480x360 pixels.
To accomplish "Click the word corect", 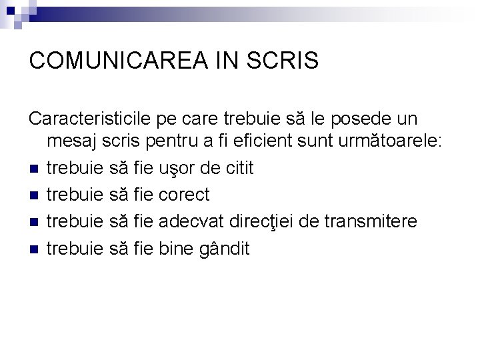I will click(185, 195).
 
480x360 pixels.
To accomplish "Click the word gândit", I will click(225, 249).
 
